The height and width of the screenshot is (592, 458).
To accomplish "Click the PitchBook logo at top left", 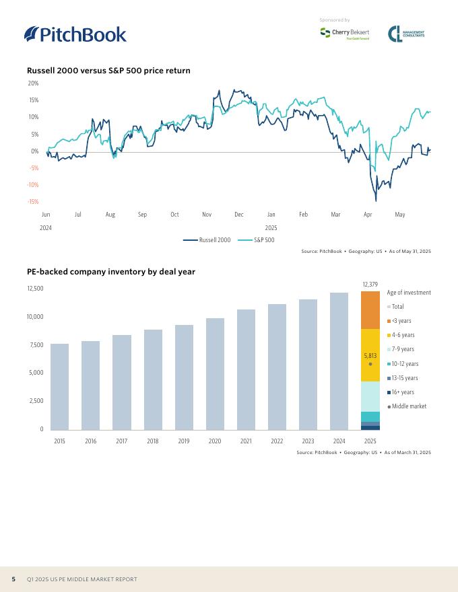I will (75, 34).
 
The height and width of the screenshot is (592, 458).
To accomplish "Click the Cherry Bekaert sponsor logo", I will (344, 34).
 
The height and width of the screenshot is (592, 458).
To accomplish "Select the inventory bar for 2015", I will (59, 386).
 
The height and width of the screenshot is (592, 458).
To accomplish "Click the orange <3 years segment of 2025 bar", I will (370, 310).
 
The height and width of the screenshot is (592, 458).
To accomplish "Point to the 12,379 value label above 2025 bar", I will (370, 285).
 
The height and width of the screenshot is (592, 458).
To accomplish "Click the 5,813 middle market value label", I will (370, 355).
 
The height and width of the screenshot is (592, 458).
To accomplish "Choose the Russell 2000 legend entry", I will (207, 240).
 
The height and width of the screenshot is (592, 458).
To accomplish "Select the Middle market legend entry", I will (408, 406).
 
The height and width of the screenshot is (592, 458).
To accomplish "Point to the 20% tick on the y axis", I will (33, 83).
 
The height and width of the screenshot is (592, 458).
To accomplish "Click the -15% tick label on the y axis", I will (32, 202).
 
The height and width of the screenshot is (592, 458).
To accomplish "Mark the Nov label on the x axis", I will (207, 215).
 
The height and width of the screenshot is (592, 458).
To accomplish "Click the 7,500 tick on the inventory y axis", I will (35, 345).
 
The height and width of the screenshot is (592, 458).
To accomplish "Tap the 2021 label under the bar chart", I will (246, 441).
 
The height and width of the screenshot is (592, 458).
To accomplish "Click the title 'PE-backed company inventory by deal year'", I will (111, 272).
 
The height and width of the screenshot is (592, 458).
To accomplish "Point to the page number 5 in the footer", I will (13, 579).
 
